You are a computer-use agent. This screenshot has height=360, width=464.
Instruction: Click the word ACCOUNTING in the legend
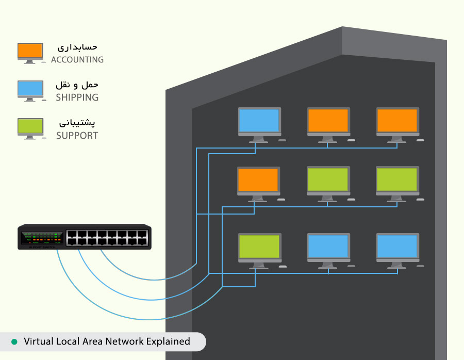coord(77,60)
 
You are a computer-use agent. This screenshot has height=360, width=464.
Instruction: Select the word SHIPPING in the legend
coord(77,97)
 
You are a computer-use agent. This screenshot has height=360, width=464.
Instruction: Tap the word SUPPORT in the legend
coord(77,136)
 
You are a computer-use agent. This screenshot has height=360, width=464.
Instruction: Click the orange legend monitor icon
coord(30,51)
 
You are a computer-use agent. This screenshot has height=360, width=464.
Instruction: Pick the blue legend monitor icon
coord(30,88)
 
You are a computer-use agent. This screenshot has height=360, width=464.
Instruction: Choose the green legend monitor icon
coord(30,126)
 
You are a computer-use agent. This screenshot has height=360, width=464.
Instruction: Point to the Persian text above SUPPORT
coord(78,123)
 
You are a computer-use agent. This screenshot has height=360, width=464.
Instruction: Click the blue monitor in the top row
coord(259,121)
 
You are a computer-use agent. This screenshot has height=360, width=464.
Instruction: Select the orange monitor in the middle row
coord(259,180)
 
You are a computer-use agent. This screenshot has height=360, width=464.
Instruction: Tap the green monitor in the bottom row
coord(259,247)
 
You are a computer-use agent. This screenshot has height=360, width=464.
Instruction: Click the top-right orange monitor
coord(397,121)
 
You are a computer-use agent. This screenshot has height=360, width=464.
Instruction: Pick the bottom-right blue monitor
coord(397,247)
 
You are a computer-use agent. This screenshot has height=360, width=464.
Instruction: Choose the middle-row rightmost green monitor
coord(397,180)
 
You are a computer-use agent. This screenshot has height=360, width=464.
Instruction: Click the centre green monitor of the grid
coord(328,180)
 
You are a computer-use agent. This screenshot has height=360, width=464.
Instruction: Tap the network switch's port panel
coord(107,237)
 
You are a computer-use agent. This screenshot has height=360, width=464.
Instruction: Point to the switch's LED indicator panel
coord(42,237)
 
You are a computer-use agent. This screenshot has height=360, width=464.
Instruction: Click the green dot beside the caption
coord(14,341)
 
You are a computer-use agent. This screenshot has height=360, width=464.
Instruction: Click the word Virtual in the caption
coord(38,341)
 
